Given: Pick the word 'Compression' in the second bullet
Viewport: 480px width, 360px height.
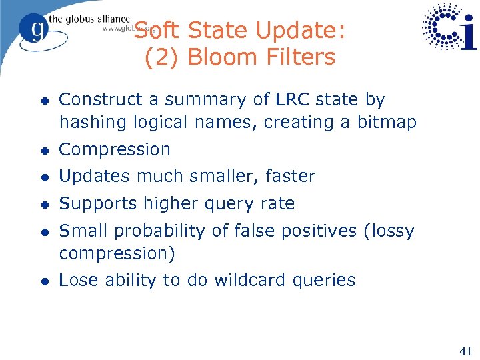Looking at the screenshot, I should point(115,149).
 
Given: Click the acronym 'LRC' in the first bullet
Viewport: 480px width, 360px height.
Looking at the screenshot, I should point(291,100).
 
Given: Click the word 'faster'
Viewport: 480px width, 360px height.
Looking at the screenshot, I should point(290,177).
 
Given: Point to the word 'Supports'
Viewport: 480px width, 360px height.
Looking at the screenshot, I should point(96,203).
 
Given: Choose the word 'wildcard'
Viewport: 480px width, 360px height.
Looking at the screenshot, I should point(253,280).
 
